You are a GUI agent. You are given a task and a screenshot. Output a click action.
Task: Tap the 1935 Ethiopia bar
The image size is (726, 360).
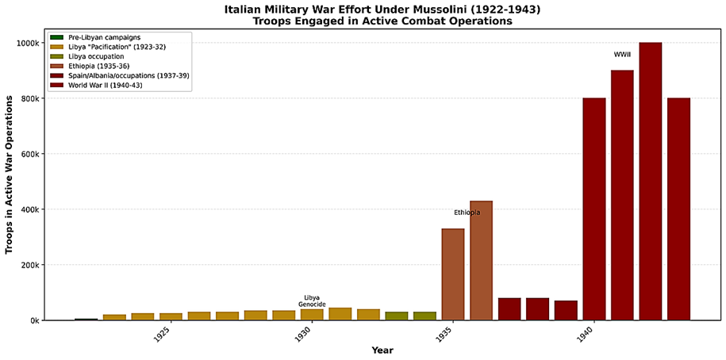pyautogui.click(x=453, y=274)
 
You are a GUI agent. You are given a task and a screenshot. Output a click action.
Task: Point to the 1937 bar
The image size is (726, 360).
pyautogui.click(x=509, y=309)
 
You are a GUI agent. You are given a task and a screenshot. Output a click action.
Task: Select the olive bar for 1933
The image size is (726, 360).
pyautogui.click(x=397, y=316)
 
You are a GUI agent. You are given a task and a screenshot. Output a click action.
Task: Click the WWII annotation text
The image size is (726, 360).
pyautogui.click(x=622, y=55)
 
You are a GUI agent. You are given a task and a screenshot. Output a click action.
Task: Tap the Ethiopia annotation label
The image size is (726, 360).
pyautogui.click(x=467, y=213)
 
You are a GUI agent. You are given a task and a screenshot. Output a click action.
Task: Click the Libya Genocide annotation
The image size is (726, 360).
pyautogui.click(x=312, y=301)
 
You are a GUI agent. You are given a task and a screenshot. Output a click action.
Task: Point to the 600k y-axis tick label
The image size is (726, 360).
pyautogui.click(x=29, y=154)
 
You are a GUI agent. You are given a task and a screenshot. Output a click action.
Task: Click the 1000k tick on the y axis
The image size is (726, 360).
pyautogui.click(x=27, y=43)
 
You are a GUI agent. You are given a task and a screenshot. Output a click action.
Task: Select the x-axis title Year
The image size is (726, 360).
pyautogui.click(x=382, y=350)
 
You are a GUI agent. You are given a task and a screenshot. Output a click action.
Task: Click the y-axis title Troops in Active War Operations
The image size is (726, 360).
pyautogui.click(x=10, y=174)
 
